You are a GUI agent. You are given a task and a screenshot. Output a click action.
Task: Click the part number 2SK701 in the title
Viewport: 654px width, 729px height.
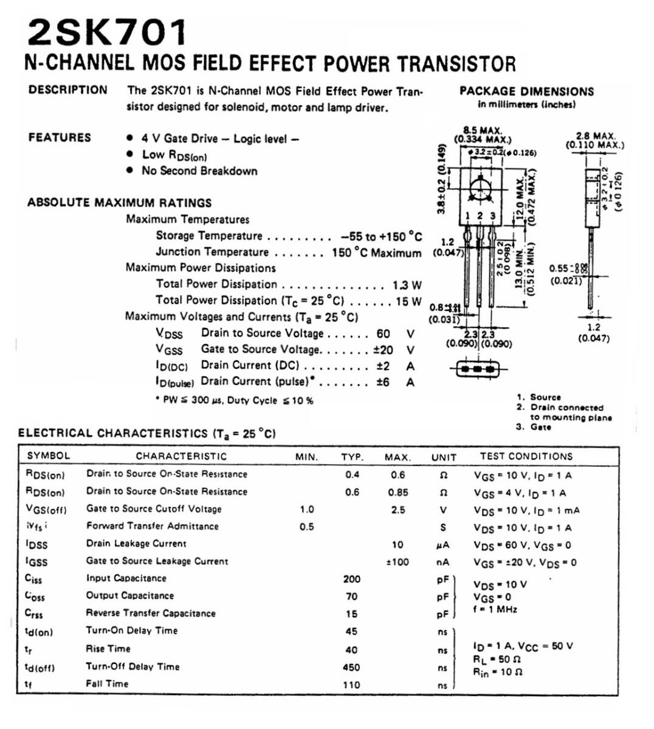(107, 33)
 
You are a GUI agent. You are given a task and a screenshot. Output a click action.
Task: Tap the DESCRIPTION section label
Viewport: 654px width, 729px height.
(67, 90)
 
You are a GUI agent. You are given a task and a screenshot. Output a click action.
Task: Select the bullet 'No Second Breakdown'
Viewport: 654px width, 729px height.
(199, 171)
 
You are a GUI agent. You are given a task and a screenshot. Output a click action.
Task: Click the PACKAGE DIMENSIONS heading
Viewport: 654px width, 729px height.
(526, 92)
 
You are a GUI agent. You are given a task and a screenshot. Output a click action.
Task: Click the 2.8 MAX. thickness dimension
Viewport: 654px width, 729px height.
(595, 137)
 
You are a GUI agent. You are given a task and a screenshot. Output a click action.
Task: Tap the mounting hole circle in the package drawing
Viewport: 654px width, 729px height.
(480, 189)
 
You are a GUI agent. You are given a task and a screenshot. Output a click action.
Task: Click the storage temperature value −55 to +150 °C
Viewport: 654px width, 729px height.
(381, 236)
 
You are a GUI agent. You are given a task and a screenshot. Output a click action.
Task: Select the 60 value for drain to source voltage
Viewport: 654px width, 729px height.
(383, 334)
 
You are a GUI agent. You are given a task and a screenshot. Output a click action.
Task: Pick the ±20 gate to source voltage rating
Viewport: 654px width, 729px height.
(383, 350)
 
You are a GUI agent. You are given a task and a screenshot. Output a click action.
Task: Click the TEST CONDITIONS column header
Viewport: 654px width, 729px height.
(526, 456)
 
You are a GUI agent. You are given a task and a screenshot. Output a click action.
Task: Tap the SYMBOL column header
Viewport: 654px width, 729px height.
(49, 456)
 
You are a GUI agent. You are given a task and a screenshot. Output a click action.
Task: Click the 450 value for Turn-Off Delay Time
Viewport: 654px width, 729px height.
(351, 667)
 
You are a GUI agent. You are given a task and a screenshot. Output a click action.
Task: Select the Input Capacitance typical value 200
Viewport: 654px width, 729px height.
(351, 579)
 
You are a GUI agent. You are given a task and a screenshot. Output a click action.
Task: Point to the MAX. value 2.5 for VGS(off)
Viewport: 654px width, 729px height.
(398, 510)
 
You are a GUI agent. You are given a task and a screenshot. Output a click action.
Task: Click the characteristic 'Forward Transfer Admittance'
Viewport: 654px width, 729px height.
(152, 526)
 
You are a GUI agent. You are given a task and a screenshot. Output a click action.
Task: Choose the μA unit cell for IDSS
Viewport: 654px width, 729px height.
(442, 545)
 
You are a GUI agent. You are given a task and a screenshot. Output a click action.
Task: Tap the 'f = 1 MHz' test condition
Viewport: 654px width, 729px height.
(495, 609)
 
